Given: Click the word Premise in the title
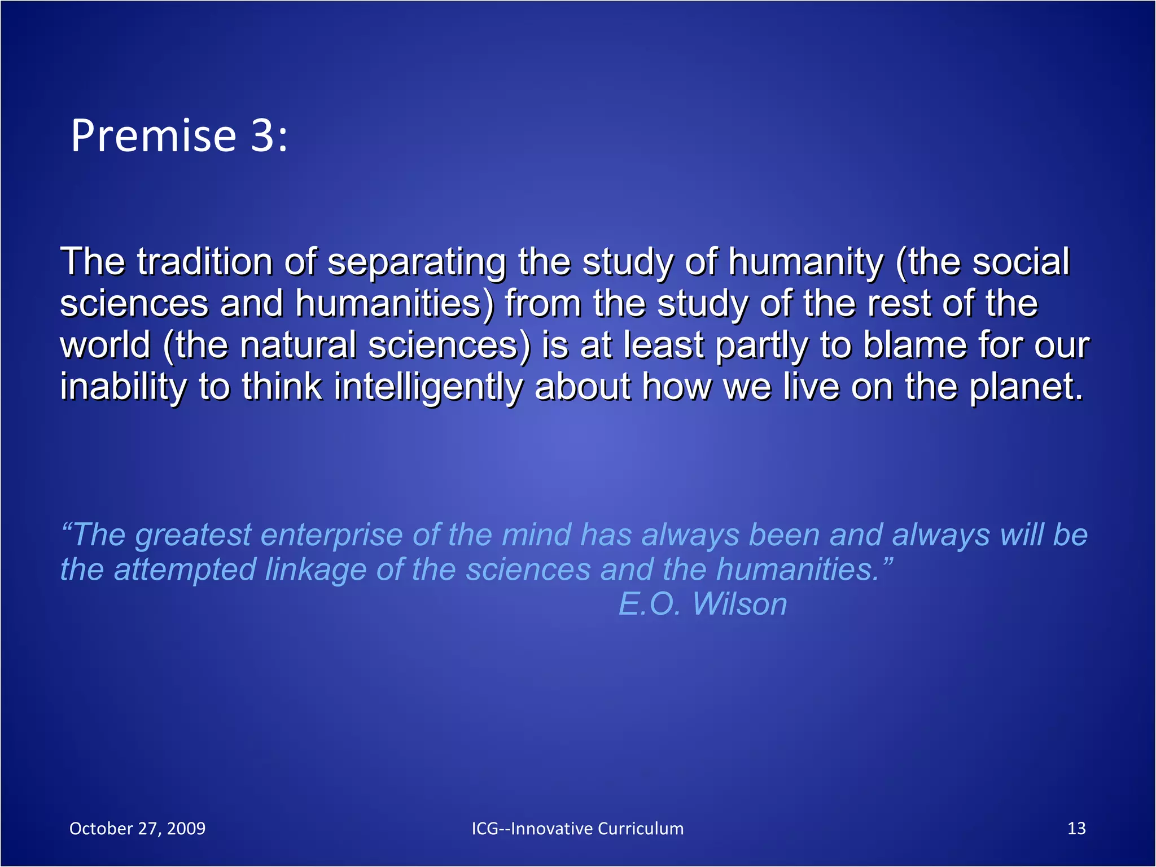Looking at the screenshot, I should tap(153, 136).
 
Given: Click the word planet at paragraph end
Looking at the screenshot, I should tap(1026, 388).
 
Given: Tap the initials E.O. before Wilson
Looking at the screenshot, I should tap(650, 605).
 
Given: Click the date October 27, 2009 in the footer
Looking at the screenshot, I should tap(137, 829).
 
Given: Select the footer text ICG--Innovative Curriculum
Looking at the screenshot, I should tap(577, 829).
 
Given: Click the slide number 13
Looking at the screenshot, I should tap(1076, 829).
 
